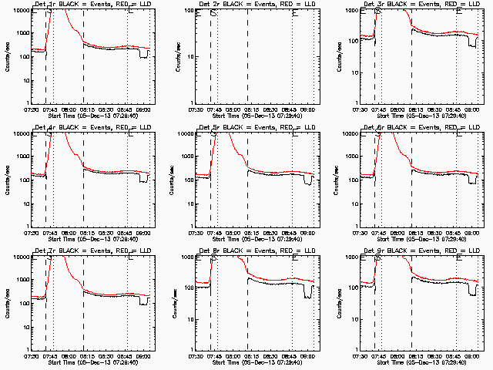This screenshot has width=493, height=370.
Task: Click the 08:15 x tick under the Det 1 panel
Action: pyautogui.click(x=84, y=108)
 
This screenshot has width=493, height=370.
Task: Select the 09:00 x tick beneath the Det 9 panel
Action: pyautogui.click(x=472, y=355)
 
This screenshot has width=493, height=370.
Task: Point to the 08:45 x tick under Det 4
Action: pyautogui.click(x=127, y=231)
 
